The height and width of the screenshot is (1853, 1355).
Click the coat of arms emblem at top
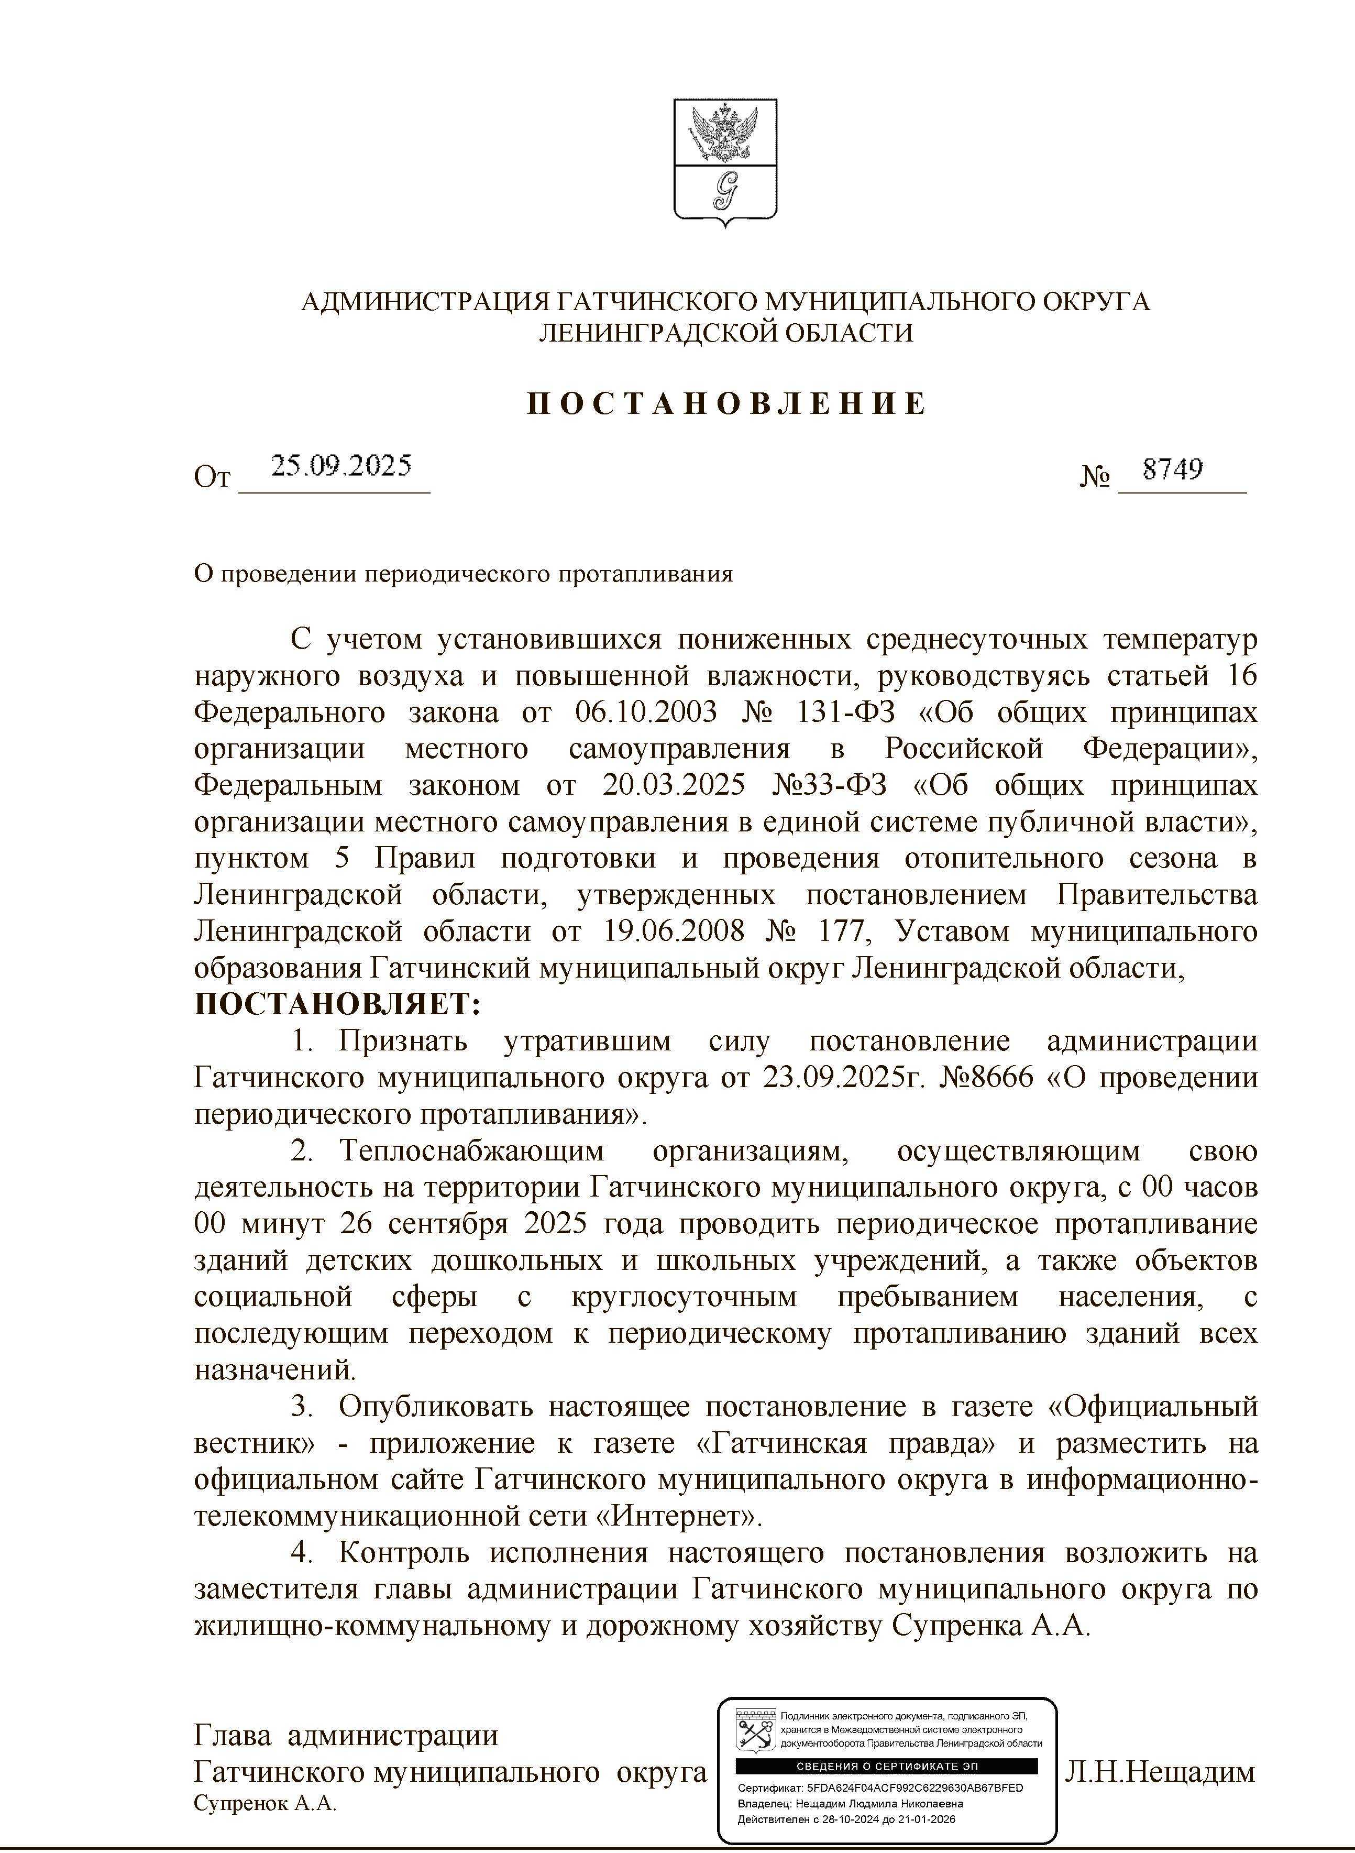[725, 162]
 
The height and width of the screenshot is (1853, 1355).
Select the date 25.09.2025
[341, 467]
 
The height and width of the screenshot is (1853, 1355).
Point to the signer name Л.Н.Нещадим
[1160, 1773]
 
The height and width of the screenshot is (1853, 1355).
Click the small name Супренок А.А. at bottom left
[266, 1805]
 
